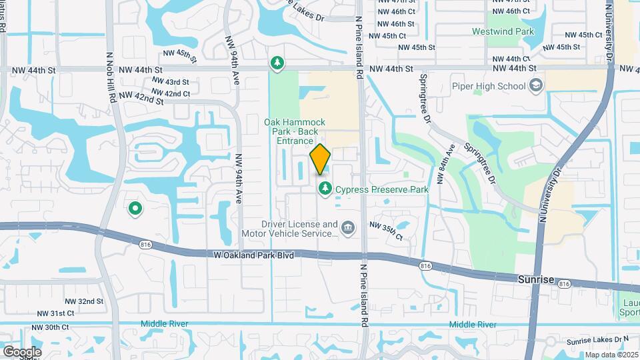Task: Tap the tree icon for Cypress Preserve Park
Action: (325, 189)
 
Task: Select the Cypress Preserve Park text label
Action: (381, 189)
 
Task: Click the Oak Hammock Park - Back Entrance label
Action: (295, 131)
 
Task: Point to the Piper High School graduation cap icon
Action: (535, 85)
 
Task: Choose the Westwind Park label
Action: (503, 31)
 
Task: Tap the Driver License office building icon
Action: (347, 229)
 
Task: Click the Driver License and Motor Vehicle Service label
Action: (299, 229)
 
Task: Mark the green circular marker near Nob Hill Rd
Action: (135, 209)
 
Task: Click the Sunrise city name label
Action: (536, 280)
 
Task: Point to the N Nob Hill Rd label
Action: (112, 77)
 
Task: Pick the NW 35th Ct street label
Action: (386, 231)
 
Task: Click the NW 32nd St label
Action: (82, 301)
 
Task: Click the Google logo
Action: (21, 351)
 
